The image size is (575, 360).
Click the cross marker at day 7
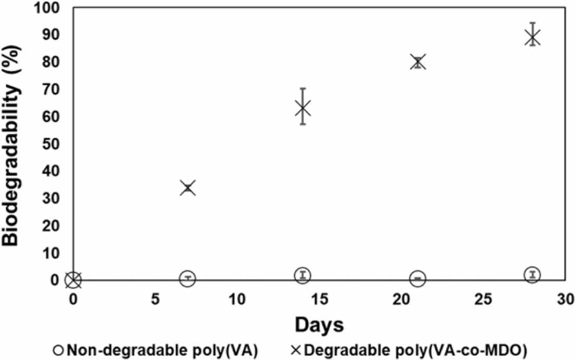coord(188,188)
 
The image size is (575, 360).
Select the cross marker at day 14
coord(303,109)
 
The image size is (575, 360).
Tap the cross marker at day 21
coord(418,62)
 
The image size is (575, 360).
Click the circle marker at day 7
coord(188,279)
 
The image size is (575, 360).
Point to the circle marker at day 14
coord(303,275)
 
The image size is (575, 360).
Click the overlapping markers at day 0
coord(73,280)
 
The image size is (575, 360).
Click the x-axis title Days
coord(319,326)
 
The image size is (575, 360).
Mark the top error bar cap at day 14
coord(303,89)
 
